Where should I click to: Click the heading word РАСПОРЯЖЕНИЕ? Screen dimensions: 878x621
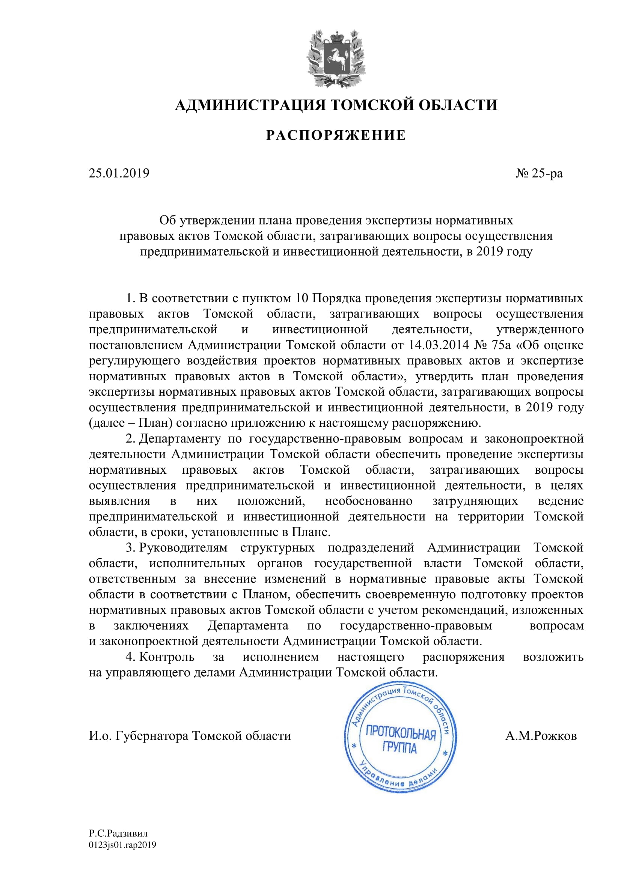coord(336,136)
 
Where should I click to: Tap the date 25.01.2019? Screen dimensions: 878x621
coord(119,173)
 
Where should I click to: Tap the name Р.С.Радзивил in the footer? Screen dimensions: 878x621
coord(118,834)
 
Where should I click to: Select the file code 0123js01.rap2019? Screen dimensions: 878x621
coord(122,845)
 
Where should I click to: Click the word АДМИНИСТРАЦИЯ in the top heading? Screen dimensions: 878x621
coord(250,105)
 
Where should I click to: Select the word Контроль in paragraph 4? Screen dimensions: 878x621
coord(167,657)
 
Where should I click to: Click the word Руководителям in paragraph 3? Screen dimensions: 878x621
coord(183,548)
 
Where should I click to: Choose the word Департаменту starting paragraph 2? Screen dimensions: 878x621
coord(180,438)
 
